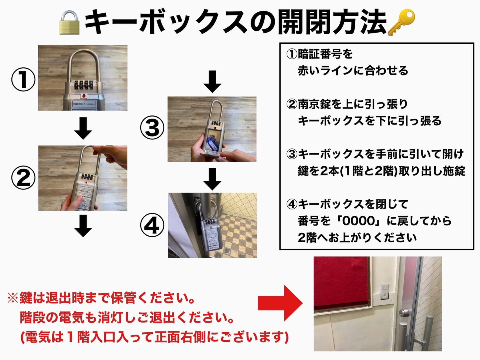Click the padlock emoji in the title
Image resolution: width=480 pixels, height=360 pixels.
click(69, 23)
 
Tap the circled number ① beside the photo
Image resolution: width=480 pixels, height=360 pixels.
click(23, 79)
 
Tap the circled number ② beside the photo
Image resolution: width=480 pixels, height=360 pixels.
click(23, 178)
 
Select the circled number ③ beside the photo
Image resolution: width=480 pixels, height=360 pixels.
click(152, 128)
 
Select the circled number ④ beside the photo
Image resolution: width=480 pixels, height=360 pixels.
click(152, 225)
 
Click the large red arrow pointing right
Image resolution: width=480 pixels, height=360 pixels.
click(280, 303)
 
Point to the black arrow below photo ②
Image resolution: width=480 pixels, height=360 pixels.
click(83, 226)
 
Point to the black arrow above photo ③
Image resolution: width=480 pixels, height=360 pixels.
click(212, 82)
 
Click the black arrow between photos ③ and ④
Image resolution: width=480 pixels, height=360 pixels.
click(212, 179)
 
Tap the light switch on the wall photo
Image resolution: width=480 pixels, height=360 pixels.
click(385, 291)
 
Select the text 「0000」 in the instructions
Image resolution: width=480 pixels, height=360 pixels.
click(359, 221)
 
